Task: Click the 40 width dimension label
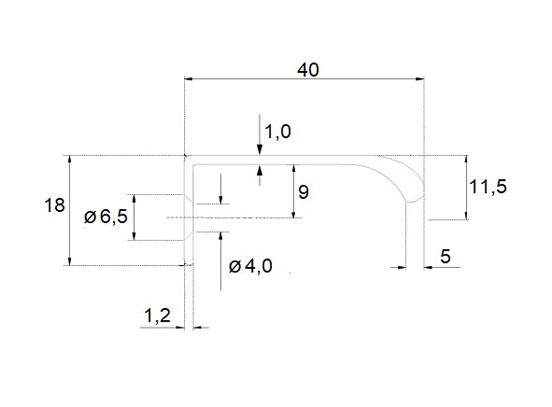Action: pos(308,70)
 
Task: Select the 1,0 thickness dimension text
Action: pos(278,132)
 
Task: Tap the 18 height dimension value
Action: pos(55,206)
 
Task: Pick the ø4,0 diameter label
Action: pos(250,266)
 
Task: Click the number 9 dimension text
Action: pos(302,192)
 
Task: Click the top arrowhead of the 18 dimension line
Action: pos(70,159)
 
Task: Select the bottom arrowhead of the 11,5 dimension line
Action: pos(467,216)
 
